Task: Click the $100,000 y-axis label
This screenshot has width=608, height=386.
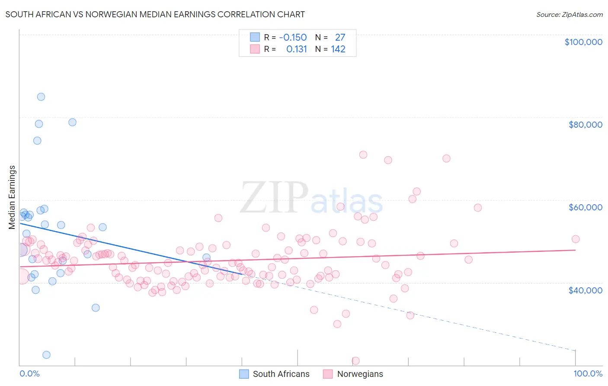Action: [x=583, y=42]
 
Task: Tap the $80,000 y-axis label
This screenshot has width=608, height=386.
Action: [x=585, y=125]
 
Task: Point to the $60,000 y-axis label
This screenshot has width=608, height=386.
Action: [x=585, y=207]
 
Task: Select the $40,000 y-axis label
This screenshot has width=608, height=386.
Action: [x=585, y=290]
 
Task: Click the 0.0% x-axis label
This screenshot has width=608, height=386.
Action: [x=29, y=374]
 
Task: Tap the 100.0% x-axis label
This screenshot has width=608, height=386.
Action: [x=588, y=374]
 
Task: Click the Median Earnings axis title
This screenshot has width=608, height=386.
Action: [x=12, y=197]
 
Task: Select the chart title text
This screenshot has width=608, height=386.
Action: [x=155, y=15]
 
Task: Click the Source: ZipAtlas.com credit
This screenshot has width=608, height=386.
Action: [x=569, y=15]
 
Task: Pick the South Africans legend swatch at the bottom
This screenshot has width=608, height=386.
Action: [x=244, y=374]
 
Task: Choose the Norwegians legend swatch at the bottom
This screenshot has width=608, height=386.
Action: [x=328, y=374]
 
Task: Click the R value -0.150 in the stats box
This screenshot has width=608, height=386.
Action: [x=293, y=38]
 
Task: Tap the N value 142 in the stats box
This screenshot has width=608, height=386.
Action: [x=338, y=49]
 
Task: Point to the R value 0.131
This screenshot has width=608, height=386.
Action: [x=296, y=49]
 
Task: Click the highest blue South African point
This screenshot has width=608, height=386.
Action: [x=41, y=97]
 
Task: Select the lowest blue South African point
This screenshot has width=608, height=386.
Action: [x=46, y=355]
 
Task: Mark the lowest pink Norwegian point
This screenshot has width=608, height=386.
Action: [x=355, y=361]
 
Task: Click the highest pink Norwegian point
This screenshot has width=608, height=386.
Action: [x=363, y=155]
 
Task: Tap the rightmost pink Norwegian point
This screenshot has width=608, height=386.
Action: [x=575, y=239]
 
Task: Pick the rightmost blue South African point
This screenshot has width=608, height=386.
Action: [x=206, y=257]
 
